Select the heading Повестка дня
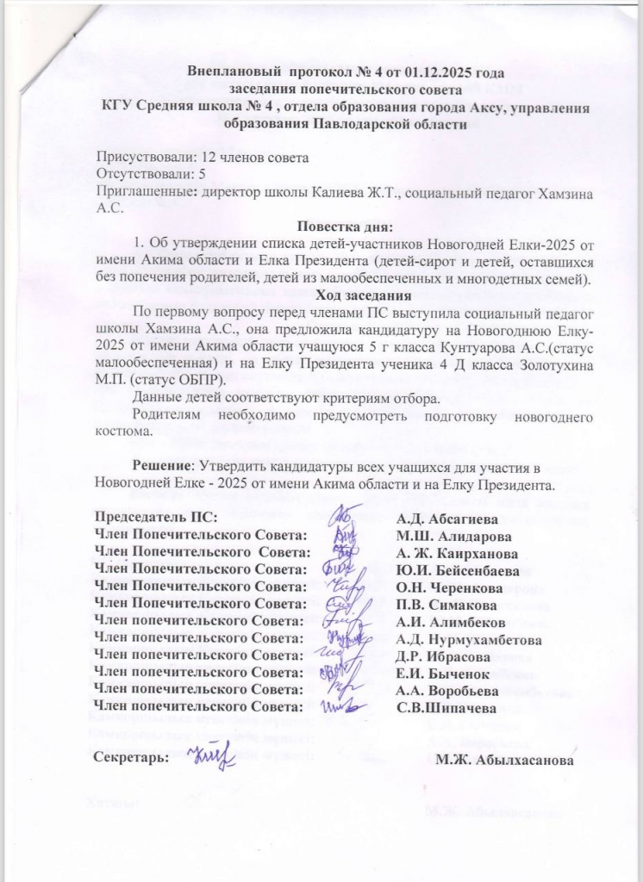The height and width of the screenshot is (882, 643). tap(344, 228)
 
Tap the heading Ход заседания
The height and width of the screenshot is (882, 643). tap(343, 296)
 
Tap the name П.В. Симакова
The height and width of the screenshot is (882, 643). tap(445, 604)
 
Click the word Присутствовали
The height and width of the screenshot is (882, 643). tap(148, 158)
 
